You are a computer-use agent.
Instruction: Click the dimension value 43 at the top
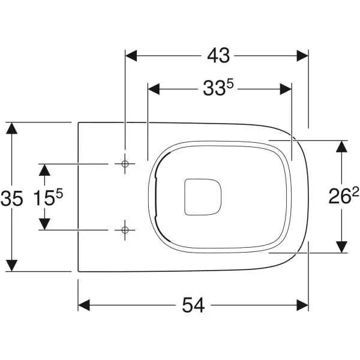pyautogui.click(x=218, y=56)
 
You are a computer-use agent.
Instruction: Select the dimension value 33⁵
pyautogui.click(x=217, y=89)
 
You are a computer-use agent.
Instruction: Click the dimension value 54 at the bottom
pyautogui.click(x=193, y=305)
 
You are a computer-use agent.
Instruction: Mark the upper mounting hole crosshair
pyautogui.click(x=125, y=164)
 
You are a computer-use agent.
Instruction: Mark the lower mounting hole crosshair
pyautogui.click(x=125, y=229)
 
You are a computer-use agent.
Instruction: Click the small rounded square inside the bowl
pyautogui.click(x=203, y=196)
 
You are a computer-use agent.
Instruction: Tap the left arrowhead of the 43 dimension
pyautogui.click(x=131, y=56)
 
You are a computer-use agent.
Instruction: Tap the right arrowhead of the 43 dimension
pyautogui.click(x=302, y=56)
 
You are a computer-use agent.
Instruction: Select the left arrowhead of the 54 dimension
pyautogui.click(x=85, y=305)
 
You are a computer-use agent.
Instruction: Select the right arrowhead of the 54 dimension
pyautogui.click(x=302, y=305)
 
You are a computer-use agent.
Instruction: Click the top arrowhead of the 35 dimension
pyautogui.click(x=12, y=128)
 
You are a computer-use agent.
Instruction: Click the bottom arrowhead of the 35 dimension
pyautogui.click(x=12, y=265)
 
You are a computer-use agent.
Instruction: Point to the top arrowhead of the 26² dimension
pyautogui.click(x=341, y=147)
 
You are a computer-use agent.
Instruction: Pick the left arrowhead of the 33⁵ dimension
pyautogui.click(x=154, y=89)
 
